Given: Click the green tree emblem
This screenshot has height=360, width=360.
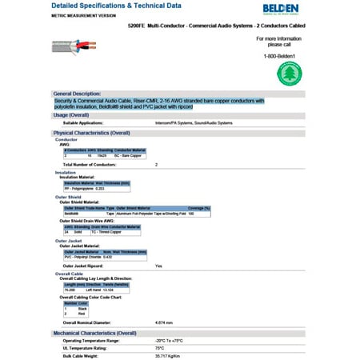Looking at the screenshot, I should coord(289,74).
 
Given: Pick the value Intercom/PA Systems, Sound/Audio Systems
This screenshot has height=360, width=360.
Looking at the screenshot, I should coord(193,122).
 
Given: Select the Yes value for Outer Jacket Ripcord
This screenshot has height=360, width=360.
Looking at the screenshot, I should coord(158,265).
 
